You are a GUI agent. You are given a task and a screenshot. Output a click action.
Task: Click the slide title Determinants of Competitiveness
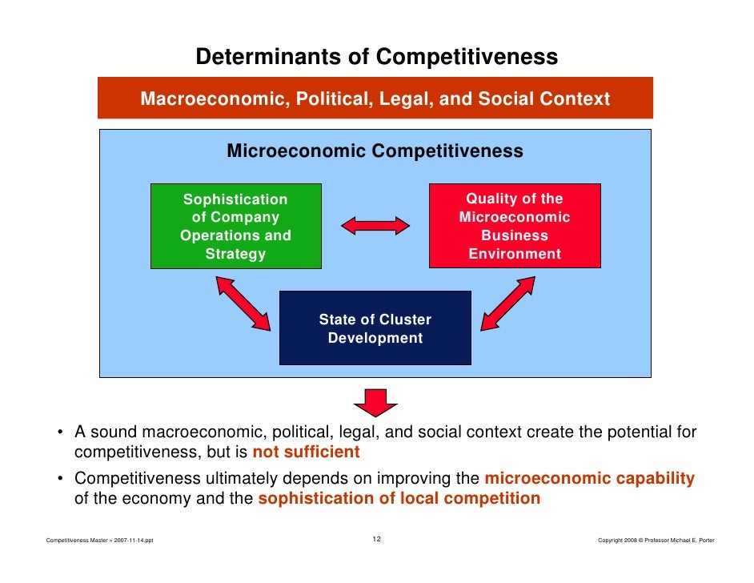tap(376, 58)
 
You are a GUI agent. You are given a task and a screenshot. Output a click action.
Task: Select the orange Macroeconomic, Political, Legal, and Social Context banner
tap(375, 99)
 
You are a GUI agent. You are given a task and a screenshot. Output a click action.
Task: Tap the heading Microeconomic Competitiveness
tap(375, 151)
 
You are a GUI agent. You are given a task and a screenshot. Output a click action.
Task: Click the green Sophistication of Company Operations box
tap(235, 226)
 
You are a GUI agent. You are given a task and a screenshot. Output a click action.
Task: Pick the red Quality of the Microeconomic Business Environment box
tap(514, 226)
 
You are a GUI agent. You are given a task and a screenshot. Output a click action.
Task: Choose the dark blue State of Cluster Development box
tap(375, 328)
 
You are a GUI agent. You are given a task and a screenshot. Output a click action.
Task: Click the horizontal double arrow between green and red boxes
tap(375, 226)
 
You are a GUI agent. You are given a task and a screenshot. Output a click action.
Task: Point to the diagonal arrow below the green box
tap(243, 303)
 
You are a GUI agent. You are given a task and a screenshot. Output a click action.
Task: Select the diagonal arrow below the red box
tap(508, 303)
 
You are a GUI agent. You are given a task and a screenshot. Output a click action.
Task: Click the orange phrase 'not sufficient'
tap(306, 452)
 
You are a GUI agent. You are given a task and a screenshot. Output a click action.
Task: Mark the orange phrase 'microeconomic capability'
tap(590, 479)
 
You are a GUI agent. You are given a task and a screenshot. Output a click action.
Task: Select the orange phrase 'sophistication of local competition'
tap(399, 498)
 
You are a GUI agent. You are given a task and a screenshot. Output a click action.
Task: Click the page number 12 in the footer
tap(376, 539)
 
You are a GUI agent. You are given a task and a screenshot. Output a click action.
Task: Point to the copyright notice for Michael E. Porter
tap(656, 541)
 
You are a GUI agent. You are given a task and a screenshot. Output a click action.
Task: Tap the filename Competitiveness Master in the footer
tap(101, 541)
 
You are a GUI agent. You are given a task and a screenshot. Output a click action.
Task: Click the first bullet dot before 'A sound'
tap(60, 433)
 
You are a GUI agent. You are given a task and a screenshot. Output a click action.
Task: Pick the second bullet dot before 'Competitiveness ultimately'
tap(60, 480)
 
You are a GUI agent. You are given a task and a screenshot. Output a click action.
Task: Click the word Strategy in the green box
tap(235, 255)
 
